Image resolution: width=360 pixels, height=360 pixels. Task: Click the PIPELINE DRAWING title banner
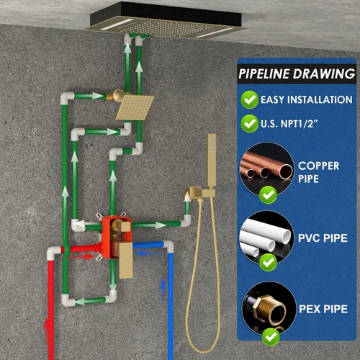pyautogui.click(x=297, y=73)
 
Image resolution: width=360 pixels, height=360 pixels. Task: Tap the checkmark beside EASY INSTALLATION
pyautogui.click(x=249, y=99)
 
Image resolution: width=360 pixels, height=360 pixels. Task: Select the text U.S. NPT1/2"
pyautogui.click(x=289, y=124)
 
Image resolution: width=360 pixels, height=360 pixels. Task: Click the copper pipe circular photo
pyautogui.click(x=266, y=170)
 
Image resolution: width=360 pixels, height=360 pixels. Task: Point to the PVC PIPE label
pyautogui.click(x=323, y=238)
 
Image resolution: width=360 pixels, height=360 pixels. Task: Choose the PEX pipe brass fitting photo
pyautogui.click(x=269, y=309)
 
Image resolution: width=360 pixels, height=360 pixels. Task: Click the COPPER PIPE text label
pyautogui.click(x=318, y=172)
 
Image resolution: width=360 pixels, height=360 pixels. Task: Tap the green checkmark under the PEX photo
pyautogui.click(x=271, y=337)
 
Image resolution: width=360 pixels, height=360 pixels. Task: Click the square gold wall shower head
pyautogui.click(x=135, y=107)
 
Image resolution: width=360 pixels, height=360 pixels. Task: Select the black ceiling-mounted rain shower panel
pyautogui.click(x=166, y=20)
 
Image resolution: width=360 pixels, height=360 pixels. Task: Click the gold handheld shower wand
pyautogui.click(x=212, y=161)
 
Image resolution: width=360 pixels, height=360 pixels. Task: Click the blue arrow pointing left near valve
pyautogui.click(x=148, y=253)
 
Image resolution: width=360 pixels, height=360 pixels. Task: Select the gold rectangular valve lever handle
pyautogui.click(x=125, y=260)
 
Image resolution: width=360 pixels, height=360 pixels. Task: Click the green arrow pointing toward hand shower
pyautogui.click(x=149, y=225)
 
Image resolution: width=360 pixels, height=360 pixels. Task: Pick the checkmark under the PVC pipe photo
pyautogui.click(x=269, y=262)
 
